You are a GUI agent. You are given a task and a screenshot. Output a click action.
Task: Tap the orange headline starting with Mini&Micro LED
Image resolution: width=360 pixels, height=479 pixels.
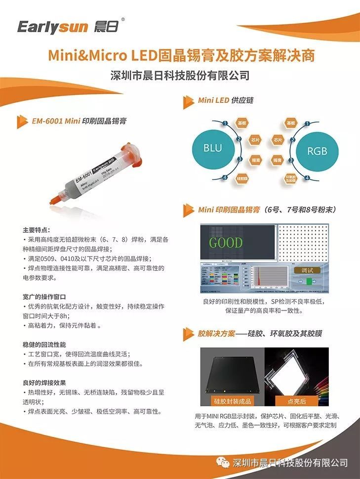[181, 55]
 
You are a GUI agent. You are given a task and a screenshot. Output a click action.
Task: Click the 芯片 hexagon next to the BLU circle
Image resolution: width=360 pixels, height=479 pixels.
[255, 140]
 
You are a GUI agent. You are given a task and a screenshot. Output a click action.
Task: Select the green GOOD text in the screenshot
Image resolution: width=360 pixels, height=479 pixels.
[226, 243]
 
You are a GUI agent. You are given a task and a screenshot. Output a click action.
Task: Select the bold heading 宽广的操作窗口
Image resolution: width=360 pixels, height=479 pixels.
[44, 297]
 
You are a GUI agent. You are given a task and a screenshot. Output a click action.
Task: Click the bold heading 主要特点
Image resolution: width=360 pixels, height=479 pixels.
[36, 230]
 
